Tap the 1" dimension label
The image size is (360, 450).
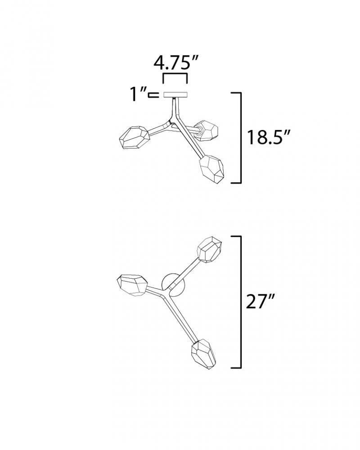point(137,94)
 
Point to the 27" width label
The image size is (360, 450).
point(261,301)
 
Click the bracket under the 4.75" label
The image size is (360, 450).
point(175,74)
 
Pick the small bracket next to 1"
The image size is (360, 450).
point(153,95)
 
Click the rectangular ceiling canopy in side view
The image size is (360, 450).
point(175,94)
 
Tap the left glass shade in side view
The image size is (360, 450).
point(135,137)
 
